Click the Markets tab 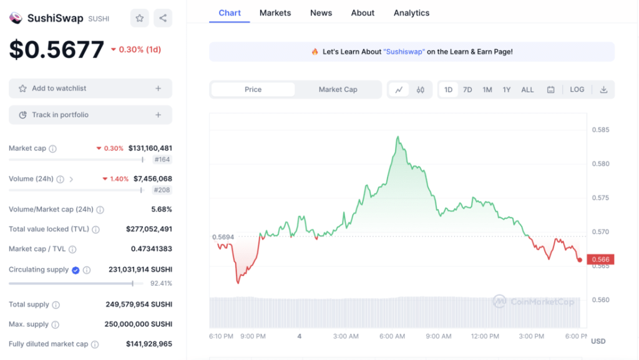[x=275, y=13]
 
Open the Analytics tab [x=411, y=13]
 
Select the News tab [x=321, y=13]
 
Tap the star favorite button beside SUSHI [x=140, y=18]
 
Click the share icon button [x=163, y=18]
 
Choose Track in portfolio [x=90, y=115]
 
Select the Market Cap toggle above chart [x=338, y=90]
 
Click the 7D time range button [x=467, y=90]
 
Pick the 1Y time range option [x=507, y=90]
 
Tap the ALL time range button [x=527, y=90]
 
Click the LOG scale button [x=577, y=90]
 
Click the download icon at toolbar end [x=603, y=90]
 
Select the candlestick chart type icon [x=421, y=90]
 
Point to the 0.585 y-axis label [x=600, y=130]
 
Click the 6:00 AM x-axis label [x=393, y=336]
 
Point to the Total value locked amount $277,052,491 [x=149, y=230]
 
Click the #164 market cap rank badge [x=162, y=160]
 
